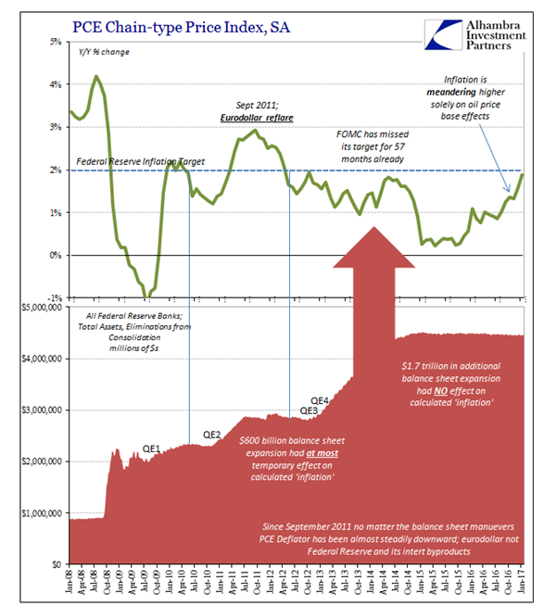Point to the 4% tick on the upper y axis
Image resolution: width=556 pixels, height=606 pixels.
[x=55, y=84]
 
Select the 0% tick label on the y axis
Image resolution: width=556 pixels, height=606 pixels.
[x=55, y=255]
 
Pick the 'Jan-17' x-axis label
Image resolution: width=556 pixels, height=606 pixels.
[x=521, y=577]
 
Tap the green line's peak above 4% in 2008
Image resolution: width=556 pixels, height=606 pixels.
[x=96, y=76]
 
